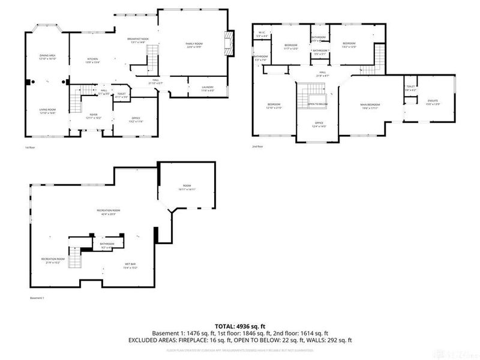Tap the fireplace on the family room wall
coord(229,43)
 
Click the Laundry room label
coord(208,88)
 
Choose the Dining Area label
coord(47,56)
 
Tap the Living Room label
coord(47,110)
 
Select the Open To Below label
coord(317,104)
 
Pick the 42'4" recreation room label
coord(109,211)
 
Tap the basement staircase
coord(73,259)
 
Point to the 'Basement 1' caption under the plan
coord(37,298)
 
